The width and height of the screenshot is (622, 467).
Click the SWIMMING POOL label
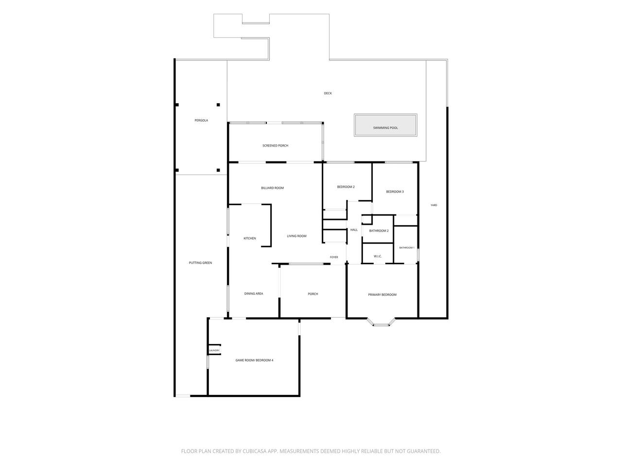[385, 128]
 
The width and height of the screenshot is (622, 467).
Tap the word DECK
[328, 93]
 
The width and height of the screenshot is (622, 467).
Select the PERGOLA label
[201, 121]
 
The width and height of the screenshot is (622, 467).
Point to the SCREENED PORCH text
[275, 146]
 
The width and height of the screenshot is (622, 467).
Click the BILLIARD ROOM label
[272, 188]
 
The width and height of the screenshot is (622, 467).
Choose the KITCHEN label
[250, 238]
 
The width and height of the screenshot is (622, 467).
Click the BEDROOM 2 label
[346, 187]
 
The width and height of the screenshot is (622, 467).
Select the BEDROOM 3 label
[395, 192]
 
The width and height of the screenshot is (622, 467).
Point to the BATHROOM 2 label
[379, 231]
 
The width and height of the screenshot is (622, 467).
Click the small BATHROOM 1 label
[407, 248]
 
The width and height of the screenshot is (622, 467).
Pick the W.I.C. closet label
[378, 256]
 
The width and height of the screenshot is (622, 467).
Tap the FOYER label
[334, 257]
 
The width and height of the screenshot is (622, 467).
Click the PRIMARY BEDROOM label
[382, 295]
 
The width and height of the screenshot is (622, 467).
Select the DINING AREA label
[254, 294]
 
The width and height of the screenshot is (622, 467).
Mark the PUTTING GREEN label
[200, 263]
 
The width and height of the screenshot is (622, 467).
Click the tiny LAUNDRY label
[214, 350]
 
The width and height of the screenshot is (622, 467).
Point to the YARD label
[433, 205]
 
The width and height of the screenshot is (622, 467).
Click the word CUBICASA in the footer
[255, 451]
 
